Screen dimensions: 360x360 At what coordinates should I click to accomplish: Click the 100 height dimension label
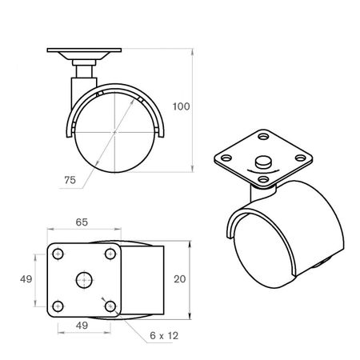[x=181, y=106]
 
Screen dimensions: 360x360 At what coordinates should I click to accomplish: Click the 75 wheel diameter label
[x=70, y=180]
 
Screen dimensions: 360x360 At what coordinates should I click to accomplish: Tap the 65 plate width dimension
[x=82, y=222]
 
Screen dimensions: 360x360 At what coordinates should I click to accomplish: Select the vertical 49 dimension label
[x=26, y=279]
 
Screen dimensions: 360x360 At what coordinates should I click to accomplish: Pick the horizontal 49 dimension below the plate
[x=82, y=326]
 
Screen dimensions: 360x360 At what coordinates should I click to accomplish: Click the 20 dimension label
[x=180, y=279]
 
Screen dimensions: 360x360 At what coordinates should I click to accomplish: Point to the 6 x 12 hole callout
[x=164, y=336]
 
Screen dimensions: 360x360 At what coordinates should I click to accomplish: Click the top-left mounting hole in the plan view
[x=58, y=254]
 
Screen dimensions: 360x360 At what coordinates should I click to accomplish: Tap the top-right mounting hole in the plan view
[x=110, y=254]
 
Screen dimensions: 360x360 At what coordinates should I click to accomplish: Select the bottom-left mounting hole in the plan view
[x=58, y=306]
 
